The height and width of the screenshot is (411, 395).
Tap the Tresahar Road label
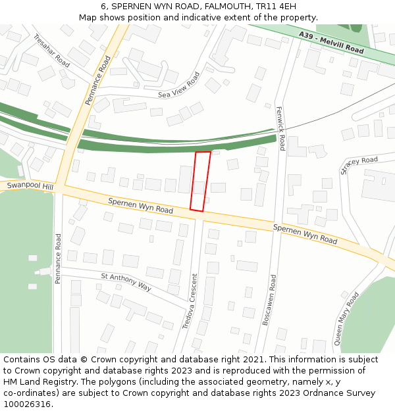tap(51, 50)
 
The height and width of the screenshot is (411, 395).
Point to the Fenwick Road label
tap(280, 128)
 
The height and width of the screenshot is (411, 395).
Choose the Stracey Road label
tap(359, 165)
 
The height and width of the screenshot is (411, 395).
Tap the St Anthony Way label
tap(126, 282)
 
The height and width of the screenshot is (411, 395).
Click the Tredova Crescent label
tap(189, 301)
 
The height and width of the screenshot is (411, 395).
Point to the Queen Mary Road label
tap(347, 318)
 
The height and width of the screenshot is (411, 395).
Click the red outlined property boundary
tap(201, 181)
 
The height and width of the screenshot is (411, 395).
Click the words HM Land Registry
tap(39, 382)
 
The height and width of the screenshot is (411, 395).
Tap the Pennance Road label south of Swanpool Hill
tap(58, 258)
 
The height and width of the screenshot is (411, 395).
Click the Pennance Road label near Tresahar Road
tap(98, 80)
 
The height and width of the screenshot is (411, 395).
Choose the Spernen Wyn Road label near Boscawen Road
tap(305, 234)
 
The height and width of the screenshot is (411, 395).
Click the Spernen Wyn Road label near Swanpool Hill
tap(140, 206)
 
